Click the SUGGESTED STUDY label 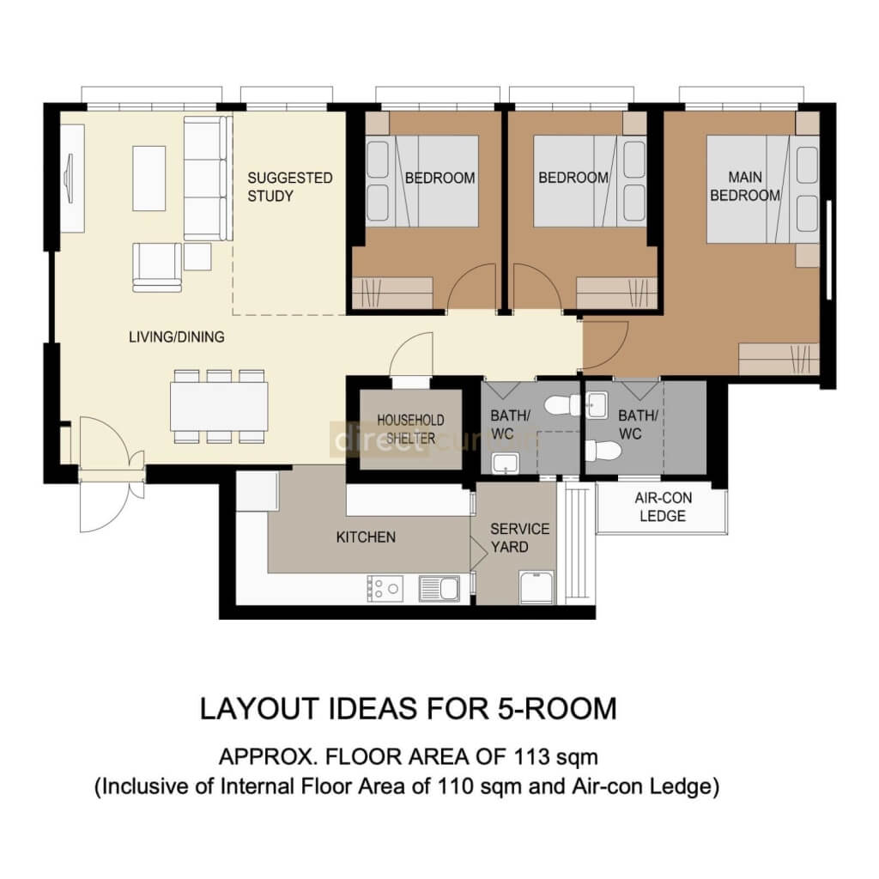pos(289,187)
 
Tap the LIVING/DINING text pos(176,337)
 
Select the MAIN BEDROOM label pos(744,186)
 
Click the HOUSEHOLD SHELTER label pos(410,429)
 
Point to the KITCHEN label pos(366,537)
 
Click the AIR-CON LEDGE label pos(662,506)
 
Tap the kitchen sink pos(438,589)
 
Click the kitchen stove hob pos(385,588)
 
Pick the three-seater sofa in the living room pos(207,179)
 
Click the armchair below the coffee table pos(157,266)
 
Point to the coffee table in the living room pos(149,178)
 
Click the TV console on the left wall pos(71,178)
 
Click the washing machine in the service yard pos(537,587)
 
